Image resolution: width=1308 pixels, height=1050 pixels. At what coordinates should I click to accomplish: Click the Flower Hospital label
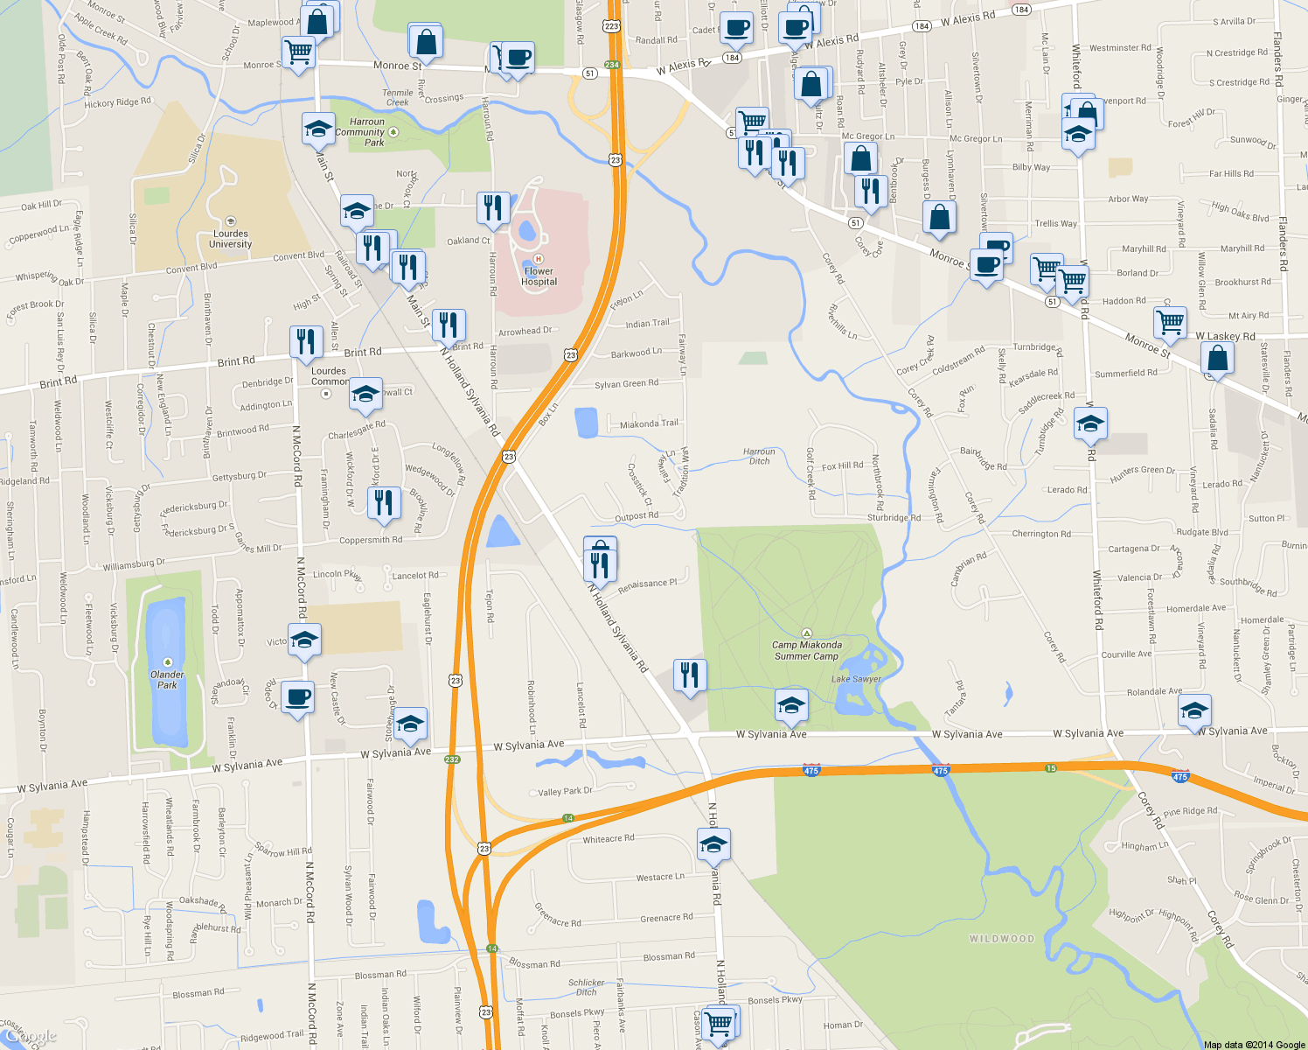[x=539, y=276]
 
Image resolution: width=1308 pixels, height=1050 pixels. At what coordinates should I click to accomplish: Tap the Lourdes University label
[x=231, y=239]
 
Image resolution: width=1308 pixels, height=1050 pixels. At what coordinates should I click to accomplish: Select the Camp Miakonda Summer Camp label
[x=806, y=650]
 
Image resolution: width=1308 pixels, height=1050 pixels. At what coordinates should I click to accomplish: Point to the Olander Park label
[x=167, y=679]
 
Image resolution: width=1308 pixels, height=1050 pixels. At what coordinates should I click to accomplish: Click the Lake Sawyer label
[x=856, y=679]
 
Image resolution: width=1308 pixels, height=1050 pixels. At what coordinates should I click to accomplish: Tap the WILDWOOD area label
[x=1001, y=939]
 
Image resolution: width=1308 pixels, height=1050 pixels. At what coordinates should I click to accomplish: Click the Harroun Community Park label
[x=367, y=132]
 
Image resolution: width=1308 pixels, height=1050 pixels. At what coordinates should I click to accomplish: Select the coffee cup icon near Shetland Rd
[x=298, y=697]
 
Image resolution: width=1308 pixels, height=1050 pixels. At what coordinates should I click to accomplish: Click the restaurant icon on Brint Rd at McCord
[x=305, y=340]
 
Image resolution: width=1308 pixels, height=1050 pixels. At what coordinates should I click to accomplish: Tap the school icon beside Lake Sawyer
[x=791, y=705]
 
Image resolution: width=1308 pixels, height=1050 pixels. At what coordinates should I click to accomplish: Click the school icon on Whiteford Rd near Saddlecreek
[x=1089, y=424]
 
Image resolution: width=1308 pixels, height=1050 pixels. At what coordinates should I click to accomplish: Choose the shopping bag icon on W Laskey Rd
[x=1217, y=358]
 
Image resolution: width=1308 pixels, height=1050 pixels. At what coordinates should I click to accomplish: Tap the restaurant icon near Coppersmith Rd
[x=384, y=503]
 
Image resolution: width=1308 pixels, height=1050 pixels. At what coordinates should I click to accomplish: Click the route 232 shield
[x=452, y=759]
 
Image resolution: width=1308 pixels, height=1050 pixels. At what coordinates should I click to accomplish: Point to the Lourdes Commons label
[x=330, y=376]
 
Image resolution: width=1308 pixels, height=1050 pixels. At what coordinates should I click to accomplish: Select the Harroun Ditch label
[x=759, y=456]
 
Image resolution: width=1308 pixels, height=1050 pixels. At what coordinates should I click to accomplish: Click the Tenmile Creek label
[x=398, y=97]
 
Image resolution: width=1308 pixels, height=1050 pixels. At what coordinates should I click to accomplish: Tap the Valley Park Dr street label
[x=565, y=791]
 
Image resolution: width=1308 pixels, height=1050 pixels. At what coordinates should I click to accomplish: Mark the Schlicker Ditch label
[x=586, y=987]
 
